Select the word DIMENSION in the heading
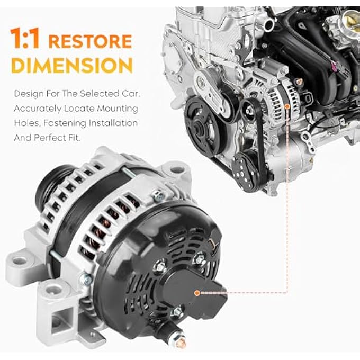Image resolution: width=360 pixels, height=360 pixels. click(71, 66)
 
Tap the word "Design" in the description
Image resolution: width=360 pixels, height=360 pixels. click(28, 94)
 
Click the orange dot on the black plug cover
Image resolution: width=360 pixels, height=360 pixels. click(197, 292)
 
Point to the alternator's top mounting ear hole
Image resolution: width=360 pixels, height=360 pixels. click(176, 170)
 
